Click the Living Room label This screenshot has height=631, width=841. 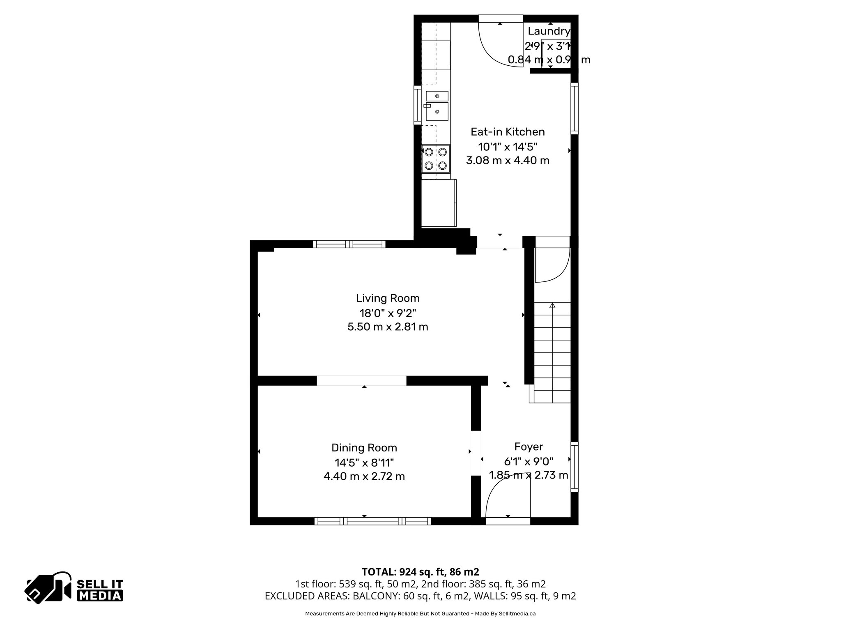point(388,298)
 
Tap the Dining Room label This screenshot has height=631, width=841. point(364,447)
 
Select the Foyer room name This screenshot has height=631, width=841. point(528,447)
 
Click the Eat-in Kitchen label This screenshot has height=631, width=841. point(508,132)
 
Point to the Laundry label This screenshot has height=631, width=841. point(549,31)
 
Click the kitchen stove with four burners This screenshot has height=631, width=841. point(436,159)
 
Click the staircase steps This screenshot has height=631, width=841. point(552,353)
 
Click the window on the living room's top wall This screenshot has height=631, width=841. point(349,244)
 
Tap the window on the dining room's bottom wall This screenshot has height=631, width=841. point(372,521)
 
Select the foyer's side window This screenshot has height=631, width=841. point(574,467)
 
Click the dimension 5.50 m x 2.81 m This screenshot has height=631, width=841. point(388,327)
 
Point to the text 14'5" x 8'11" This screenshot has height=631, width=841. point(364,463)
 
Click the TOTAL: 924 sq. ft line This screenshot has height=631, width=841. point(420,572)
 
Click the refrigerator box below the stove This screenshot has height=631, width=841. point(439,203)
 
